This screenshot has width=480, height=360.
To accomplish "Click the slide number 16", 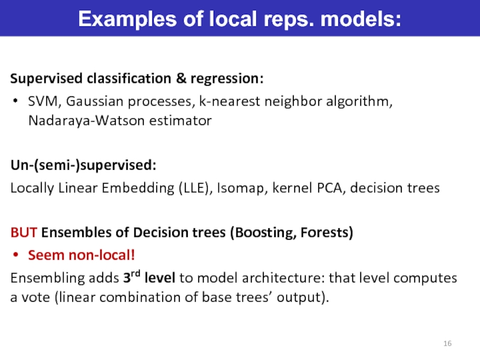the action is tap(447, 343).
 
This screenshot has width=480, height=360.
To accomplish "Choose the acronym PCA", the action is tap(330, 188).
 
